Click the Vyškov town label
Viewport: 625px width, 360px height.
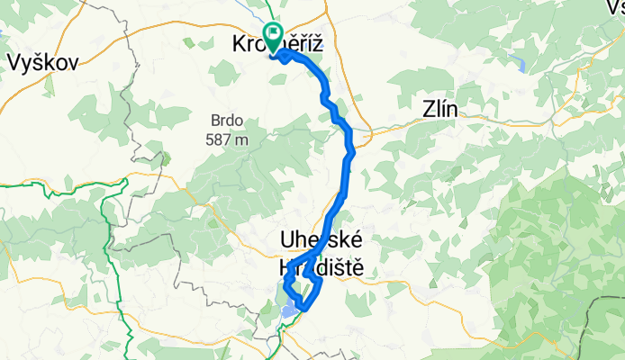(x=42, y=62)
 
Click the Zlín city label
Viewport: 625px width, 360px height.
(x=440, y=110)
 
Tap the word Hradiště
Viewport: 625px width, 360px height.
(x=320, y=267)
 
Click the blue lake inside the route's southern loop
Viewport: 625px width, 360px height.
(x=288, y=309)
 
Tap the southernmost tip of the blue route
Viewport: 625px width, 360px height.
(x=303, y=310)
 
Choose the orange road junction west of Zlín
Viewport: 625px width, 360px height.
(x=360, y=133)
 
